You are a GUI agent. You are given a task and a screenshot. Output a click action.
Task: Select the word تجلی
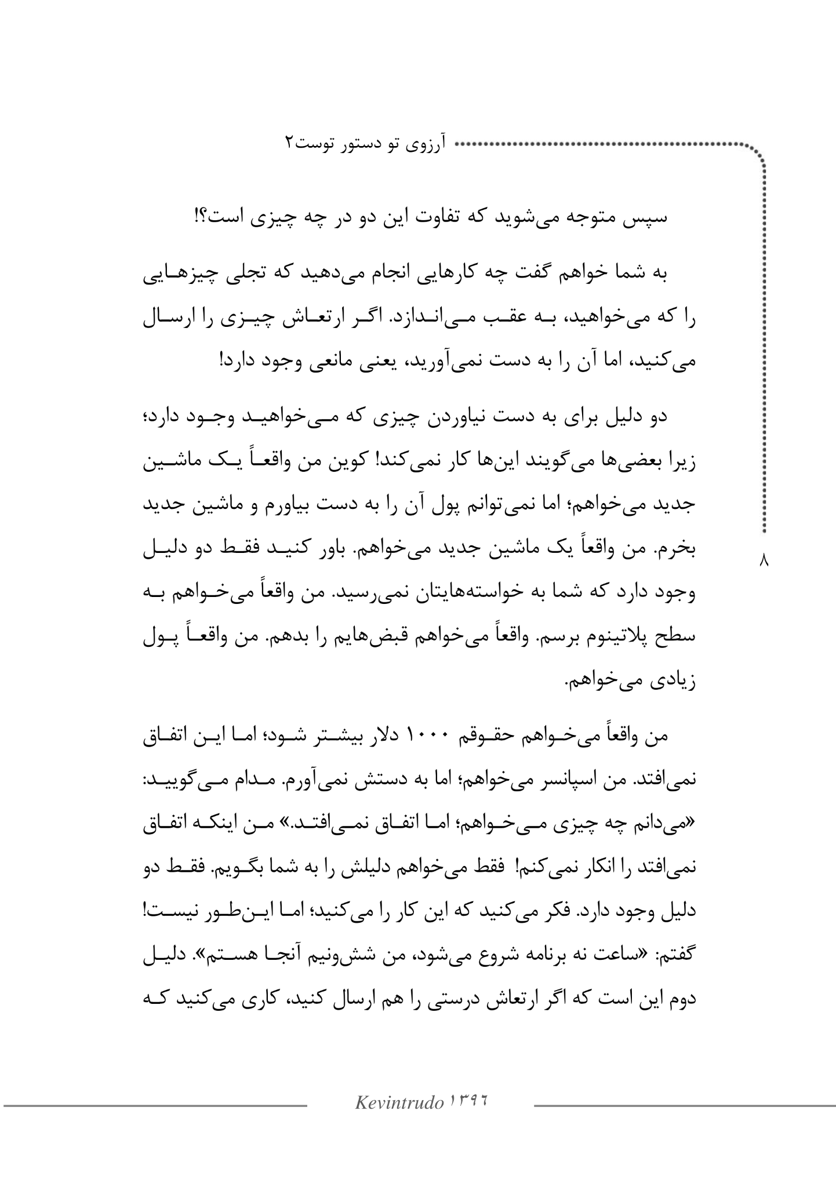click(259, 275)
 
